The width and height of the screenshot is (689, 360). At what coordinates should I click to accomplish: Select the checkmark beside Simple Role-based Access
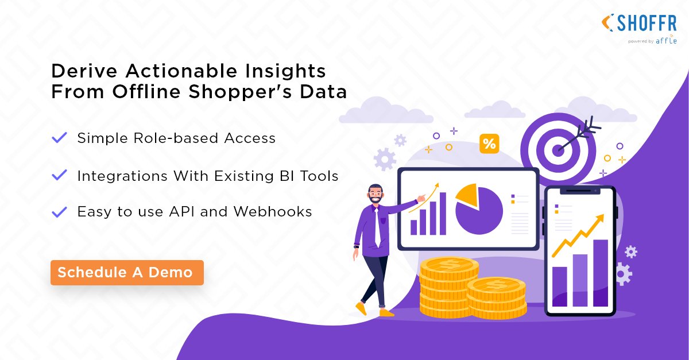(59, 138)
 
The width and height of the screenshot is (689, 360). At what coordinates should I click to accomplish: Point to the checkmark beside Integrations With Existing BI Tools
(59, 175)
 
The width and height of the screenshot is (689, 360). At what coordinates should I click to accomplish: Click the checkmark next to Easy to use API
(59, 212)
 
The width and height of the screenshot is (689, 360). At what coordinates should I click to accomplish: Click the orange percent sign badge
(489, 144)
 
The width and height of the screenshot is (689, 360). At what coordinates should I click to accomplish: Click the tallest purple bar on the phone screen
(600, 273)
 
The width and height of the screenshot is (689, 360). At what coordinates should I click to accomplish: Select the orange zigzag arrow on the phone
(577, 235)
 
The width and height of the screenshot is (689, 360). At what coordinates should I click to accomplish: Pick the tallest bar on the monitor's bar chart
(443, 213)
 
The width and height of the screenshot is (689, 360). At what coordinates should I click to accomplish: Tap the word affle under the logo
(667, 41)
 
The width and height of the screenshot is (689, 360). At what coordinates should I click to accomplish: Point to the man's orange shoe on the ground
(386, 313)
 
